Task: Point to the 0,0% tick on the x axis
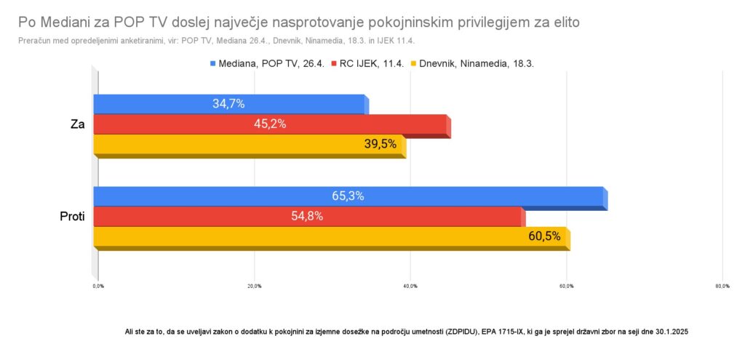click(x=98, y=286)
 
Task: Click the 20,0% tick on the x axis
click(x=254, y=286)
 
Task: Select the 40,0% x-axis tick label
click(x=410, y=286)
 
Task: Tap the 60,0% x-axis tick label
click(x=566, y=286)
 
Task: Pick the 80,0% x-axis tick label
click(x=722, y=286)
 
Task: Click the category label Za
click(x=77, y=124)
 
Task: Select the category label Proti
click(x=72, y=216)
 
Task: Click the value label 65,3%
click(x=348, y=196)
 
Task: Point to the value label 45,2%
click(x=270, y=124)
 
